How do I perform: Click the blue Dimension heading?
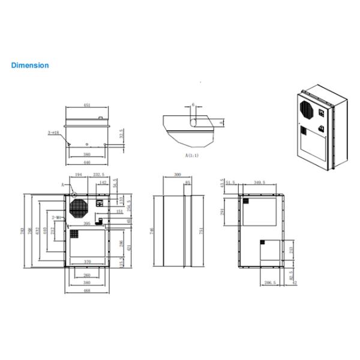[x=30, y=65]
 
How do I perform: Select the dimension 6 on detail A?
[x=193, y=104]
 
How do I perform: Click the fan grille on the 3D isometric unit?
[x=306, y=110]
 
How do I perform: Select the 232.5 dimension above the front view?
[x=100, y=175]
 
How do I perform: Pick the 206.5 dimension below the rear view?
[x=270, y=282]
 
